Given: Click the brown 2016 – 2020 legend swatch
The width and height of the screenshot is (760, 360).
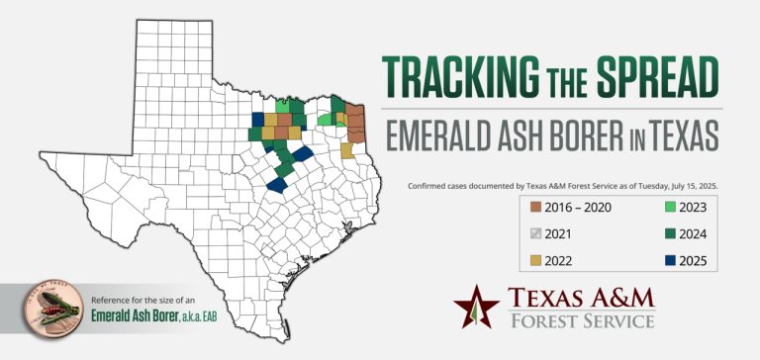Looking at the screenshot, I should pos(535,207).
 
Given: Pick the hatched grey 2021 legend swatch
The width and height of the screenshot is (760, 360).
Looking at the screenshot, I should pos(535,233).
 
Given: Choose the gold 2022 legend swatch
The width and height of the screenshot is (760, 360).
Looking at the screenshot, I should pos(535,260).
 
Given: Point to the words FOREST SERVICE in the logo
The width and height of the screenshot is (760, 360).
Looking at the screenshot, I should pos(581,321).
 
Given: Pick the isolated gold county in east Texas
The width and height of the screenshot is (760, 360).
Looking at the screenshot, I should pos(347,149).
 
